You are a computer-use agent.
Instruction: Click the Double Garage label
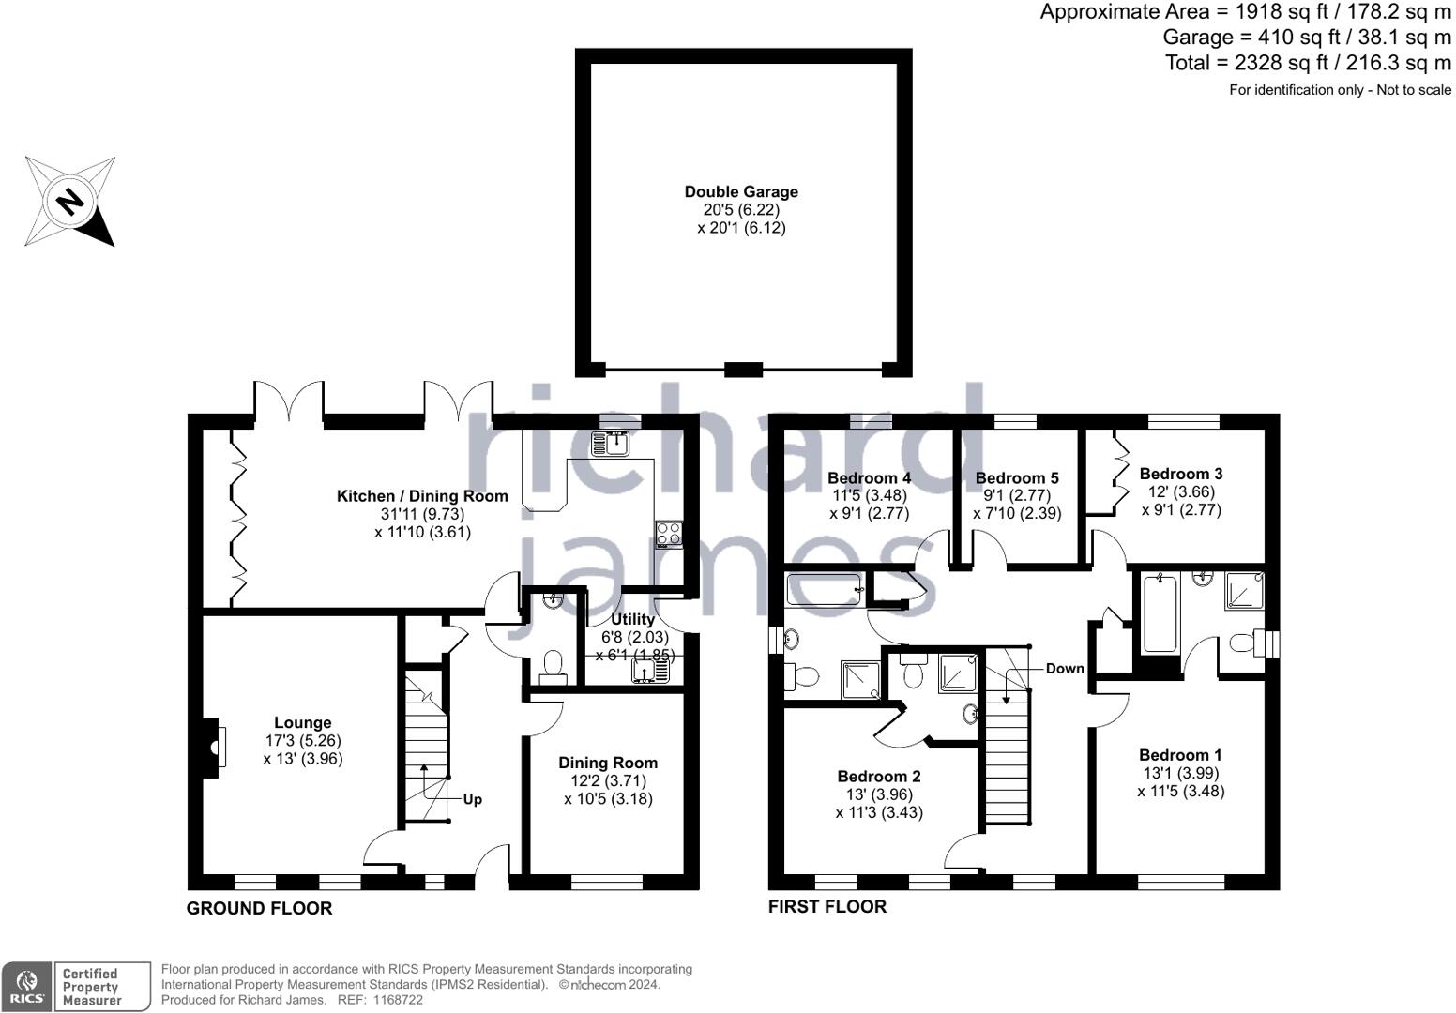click(741, 191)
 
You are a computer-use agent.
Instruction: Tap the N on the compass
click(70, 202)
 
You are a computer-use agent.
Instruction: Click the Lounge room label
click(303, 722)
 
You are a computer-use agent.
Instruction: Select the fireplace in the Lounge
click(213, 748)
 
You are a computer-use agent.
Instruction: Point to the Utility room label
click(632, 619)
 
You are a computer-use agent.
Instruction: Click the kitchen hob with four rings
click(669, 534)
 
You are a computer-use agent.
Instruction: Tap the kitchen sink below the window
click(610, 444)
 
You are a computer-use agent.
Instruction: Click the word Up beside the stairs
click(473, 799)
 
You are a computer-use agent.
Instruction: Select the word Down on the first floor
click(1065, 669)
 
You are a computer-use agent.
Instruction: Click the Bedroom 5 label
click(1017, 478)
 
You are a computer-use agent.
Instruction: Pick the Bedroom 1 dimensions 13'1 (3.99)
click(1181, 773)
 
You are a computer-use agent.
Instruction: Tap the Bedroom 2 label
click(879, 776)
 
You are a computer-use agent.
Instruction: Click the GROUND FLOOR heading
click(259, 908)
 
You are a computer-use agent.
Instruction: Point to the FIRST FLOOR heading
click(827, 906)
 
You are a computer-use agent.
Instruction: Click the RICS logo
click(26, 987)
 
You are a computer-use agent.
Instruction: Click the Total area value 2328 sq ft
click(1273, 63)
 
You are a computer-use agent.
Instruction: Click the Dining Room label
click(608, 763)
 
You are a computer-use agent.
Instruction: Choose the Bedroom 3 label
click(1181, 474)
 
